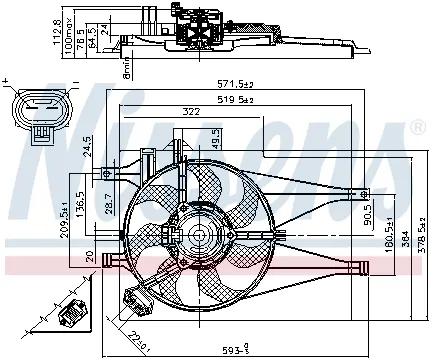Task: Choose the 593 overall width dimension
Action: pos(232,349)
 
